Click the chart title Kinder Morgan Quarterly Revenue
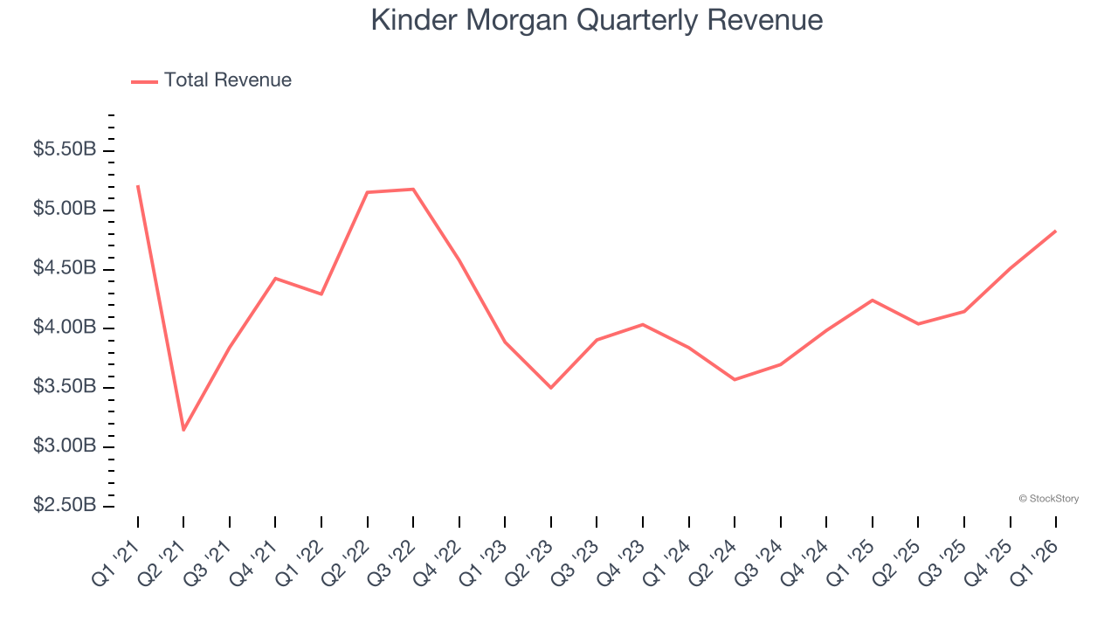pyautogui.click(x=597, y=20)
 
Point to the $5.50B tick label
pyautogui.click(x=65, y=150)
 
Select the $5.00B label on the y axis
pyautogui.click(x=65, y=210)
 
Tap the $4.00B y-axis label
pyautogui.click(x=65, y=328)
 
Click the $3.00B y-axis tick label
pyautogui.click(x=65, y=446)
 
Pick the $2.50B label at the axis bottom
pyautogui.click(x=65, y=506)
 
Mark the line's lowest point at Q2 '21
pyautogui.click(x=183, y=430)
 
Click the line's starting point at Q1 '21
pyautogui.click(x=138, y=186)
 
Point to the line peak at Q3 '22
pyautogui.click(x=413, y=189)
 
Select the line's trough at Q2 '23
pyautogui.click(x=551, y=387)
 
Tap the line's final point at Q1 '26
pyautogui.click(x=1055, y=231)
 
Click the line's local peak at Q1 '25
pyautogui.click(x=872, y=300)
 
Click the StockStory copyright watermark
pyautogui.click(x=1048, y=499)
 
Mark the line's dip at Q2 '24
pyautogui.click(x=735, y=379)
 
